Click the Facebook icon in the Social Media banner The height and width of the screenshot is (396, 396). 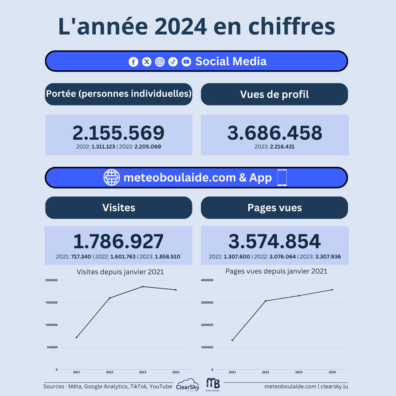[x=133, y=62]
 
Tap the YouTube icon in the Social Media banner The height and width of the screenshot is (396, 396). [x=186, y=62]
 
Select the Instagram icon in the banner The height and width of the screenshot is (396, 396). [x=160, y=62]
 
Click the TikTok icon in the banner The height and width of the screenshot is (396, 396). [x=173, y=62]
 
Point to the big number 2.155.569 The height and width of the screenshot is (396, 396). [x=118, y=133]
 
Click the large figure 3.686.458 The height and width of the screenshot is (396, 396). [x=275, y=133]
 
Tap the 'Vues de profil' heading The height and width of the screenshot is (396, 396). [x=274, y=94]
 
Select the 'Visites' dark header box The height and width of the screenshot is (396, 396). [x=118, y=208]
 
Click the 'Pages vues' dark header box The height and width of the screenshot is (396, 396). [x=274, y=208]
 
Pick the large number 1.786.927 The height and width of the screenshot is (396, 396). [x=118, y=242]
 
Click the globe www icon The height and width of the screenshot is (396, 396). [x=111, y=178]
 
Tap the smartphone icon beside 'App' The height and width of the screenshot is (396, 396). [x=282, y=178]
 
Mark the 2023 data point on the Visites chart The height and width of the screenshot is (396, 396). [x=143, y=286]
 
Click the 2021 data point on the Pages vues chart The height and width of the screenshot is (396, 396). [x=232, y=340]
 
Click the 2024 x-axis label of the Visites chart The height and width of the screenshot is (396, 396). [x=176, y=372]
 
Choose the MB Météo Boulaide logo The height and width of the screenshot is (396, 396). [x=213, y=384]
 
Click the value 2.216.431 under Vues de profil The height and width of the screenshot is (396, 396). [x=282, y=147]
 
